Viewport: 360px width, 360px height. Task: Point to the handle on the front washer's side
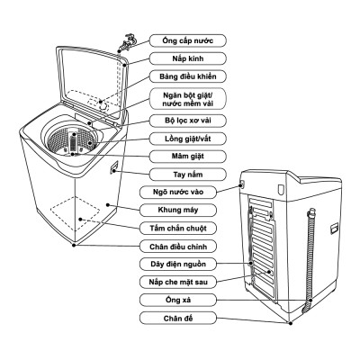(115, 167)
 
